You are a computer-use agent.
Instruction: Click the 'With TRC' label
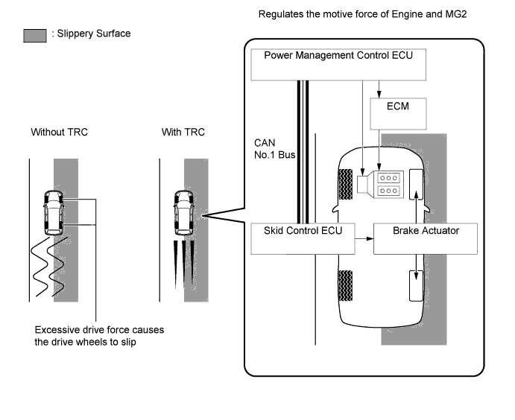point(183,132)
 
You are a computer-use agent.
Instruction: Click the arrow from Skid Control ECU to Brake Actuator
point(362,238)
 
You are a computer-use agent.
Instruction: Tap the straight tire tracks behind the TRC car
point(183,261)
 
